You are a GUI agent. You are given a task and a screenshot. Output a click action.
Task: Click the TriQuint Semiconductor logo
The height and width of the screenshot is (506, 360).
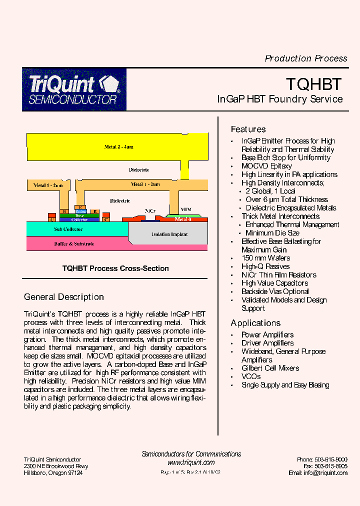(74, 89)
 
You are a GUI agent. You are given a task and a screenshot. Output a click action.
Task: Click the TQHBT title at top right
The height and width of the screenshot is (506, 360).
(313, 83)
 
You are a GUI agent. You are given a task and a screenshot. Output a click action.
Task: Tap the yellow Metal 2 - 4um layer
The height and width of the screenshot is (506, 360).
(118, 147)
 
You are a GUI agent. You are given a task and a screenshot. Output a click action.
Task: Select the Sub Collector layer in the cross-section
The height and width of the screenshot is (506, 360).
(68, 229)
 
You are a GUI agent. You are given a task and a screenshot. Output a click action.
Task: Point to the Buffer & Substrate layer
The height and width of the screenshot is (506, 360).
(74, 244)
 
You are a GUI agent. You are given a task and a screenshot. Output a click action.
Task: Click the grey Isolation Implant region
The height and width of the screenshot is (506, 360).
(169, 234)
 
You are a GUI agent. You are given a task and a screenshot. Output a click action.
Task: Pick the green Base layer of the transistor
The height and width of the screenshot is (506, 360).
(79, 215)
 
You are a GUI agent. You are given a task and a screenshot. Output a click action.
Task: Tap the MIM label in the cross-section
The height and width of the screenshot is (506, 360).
(185, 209)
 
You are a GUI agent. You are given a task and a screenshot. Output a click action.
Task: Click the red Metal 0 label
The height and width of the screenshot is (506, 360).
(183, 219)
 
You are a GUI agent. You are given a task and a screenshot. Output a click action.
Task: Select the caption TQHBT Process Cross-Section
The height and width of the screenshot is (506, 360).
(115, 268)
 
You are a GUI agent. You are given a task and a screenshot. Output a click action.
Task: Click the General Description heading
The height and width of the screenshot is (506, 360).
(64, 297)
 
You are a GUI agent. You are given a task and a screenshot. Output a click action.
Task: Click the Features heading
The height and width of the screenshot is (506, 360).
(248, 129)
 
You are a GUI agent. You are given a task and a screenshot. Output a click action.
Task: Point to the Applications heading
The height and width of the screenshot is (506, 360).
(255, 323)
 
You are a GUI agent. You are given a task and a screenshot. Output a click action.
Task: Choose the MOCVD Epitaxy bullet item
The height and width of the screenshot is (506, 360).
(266, 166)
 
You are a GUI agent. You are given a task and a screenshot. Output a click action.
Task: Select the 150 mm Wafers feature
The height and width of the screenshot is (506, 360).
(265, 258)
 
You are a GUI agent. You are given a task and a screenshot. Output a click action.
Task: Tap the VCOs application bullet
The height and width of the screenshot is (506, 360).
(251, 376)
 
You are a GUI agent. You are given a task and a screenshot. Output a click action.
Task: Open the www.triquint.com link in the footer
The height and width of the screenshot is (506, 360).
(191, 463)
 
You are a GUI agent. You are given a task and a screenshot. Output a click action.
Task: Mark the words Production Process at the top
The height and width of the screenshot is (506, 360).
(306, 58)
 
